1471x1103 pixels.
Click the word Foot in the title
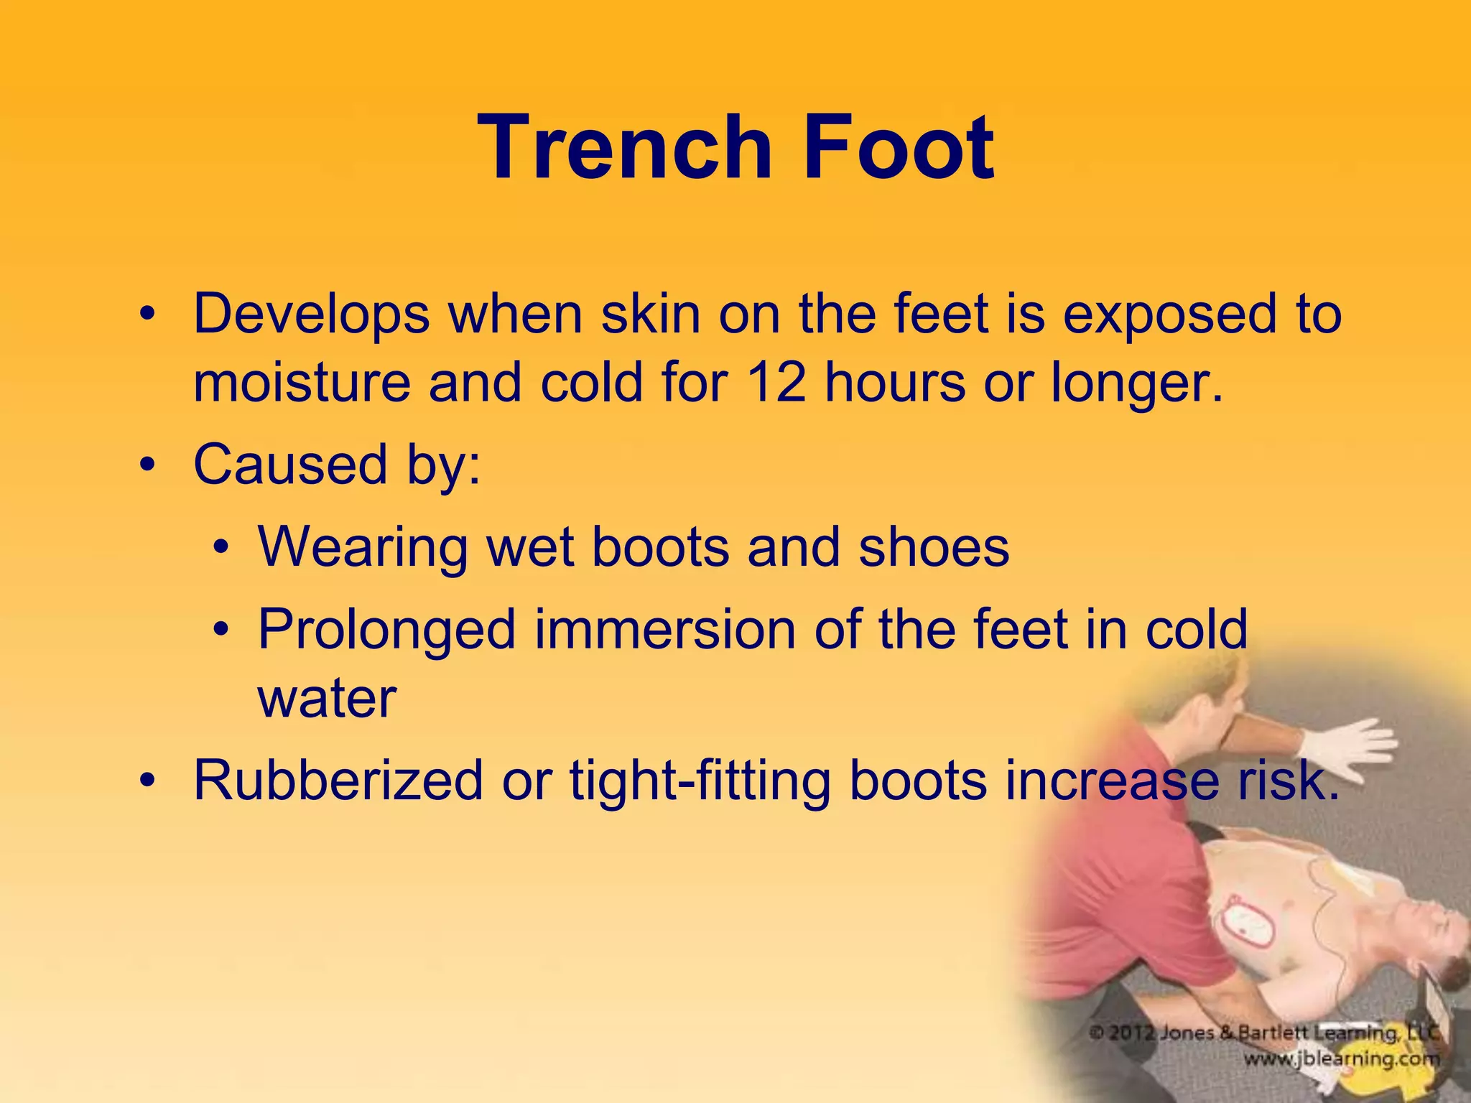pos(898,147)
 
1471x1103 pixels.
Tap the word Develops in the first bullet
pos(311,315)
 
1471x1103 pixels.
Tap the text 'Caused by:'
pos(337,465)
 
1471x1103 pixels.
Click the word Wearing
pos(362,547)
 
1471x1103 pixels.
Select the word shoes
pos(934,547)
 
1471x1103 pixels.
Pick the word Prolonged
pos(386,630)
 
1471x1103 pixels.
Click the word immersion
pos(664,630)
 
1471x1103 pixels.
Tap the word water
pos(327,698)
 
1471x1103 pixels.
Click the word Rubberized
pos(338,781)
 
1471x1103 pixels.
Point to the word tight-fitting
pos(700,781)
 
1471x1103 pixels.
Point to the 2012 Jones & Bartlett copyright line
pos(1264,1033)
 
